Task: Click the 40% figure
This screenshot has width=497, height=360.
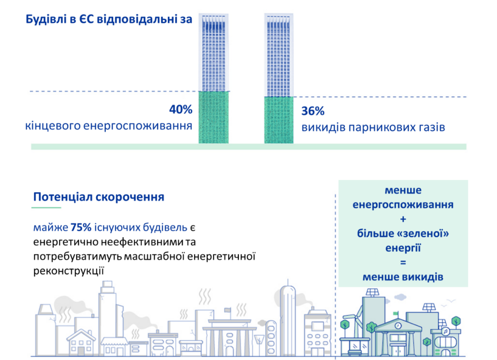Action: coord(181,109)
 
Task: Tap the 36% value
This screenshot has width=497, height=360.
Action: coord(313,111)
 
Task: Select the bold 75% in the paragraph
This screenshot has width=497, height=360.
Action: coord(81,227)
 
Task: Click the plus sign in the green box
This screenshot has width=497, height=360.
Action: coord(403,219)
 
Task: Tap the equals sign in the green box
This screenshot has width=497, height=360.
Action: coord(403,262)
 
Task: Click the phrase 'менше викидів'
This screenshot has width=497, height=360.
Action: coord(403,277)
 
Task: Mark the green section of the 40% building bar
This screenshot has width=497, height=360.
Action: coord(214,117)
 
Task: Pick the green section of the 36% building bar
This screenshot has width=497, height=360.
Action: coord(279,120)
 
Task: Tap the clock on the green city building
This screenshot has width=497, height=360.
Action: coord(398,326)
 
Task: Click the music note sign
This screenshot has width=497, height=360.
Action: coord(446,332)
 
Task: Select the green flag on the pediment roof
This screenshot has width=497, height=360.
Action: coord(396,314)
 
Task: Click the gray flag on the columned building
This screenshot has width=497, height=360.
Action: coord(227,310)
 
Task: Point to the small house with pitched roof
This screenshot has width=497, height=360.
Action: coord(81,343)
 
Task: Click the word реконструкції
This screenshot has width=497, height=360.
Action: coord(68,271)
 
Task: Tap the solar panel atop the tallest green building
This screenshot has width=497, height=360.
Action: coord(372,292)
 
